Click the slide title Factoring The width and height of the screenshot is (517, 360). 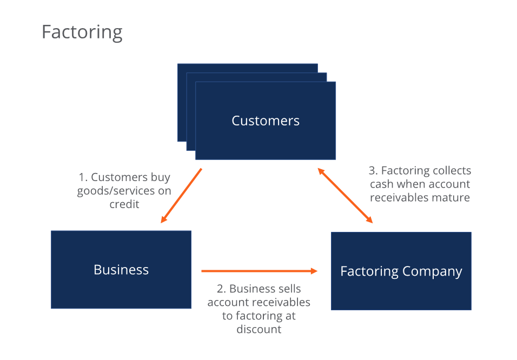point(82,32)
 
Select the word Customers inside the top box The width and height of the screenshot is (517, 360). point(266,121)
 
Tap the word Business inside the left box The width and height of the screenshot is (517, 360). point(121,270)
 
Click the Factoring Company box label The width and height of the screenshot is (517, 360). point(401,271)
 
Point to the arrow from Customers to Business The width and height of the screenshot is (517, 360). point(181,196)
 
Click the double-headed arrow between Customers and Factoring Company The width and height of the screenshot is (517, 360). point(345,196)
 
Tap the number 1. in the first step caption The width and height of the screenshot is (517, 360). point(83,177)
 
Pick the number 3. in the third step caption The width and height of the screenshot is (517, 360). point(373,171)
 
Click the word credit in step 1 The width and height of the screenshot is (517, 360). point(124,204)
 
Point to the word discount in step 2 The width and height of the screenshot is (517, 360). point(259,329)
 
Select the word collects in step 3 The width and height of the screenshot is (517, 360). point(451,171)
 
